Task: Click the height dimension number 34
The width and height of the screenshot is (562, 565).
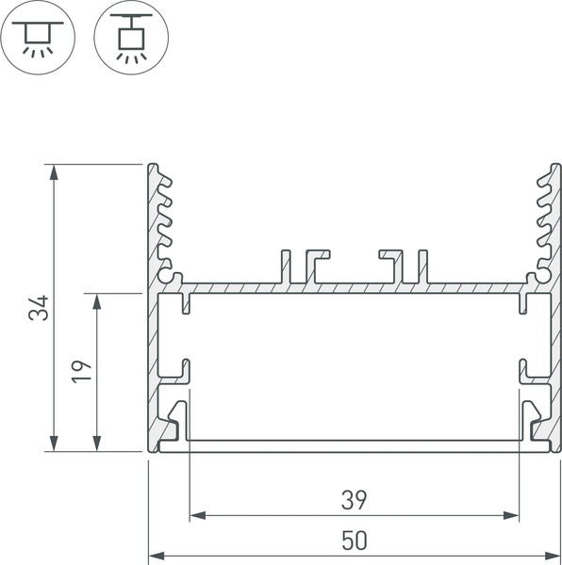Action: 38,308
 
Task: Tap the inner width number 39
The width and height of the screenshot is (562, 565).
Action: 354,498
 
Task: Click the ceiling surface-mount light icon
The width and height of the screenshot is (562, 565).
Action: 39,39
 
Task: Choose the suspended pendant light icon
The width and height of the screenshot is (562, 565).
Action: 131,39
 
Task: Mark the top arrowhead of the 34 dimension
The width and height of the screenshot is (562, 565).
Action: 55,170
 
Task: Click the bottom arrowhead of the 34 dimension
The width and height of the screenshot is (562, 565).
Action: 55,444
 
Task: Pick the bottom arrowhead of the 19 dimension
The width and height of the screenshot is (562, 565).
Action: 97,444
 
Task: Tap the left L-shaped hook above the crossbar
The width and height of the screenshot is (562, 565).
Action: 317,264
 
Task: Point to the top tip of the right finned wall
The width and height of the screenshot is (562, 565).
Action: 554,167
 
